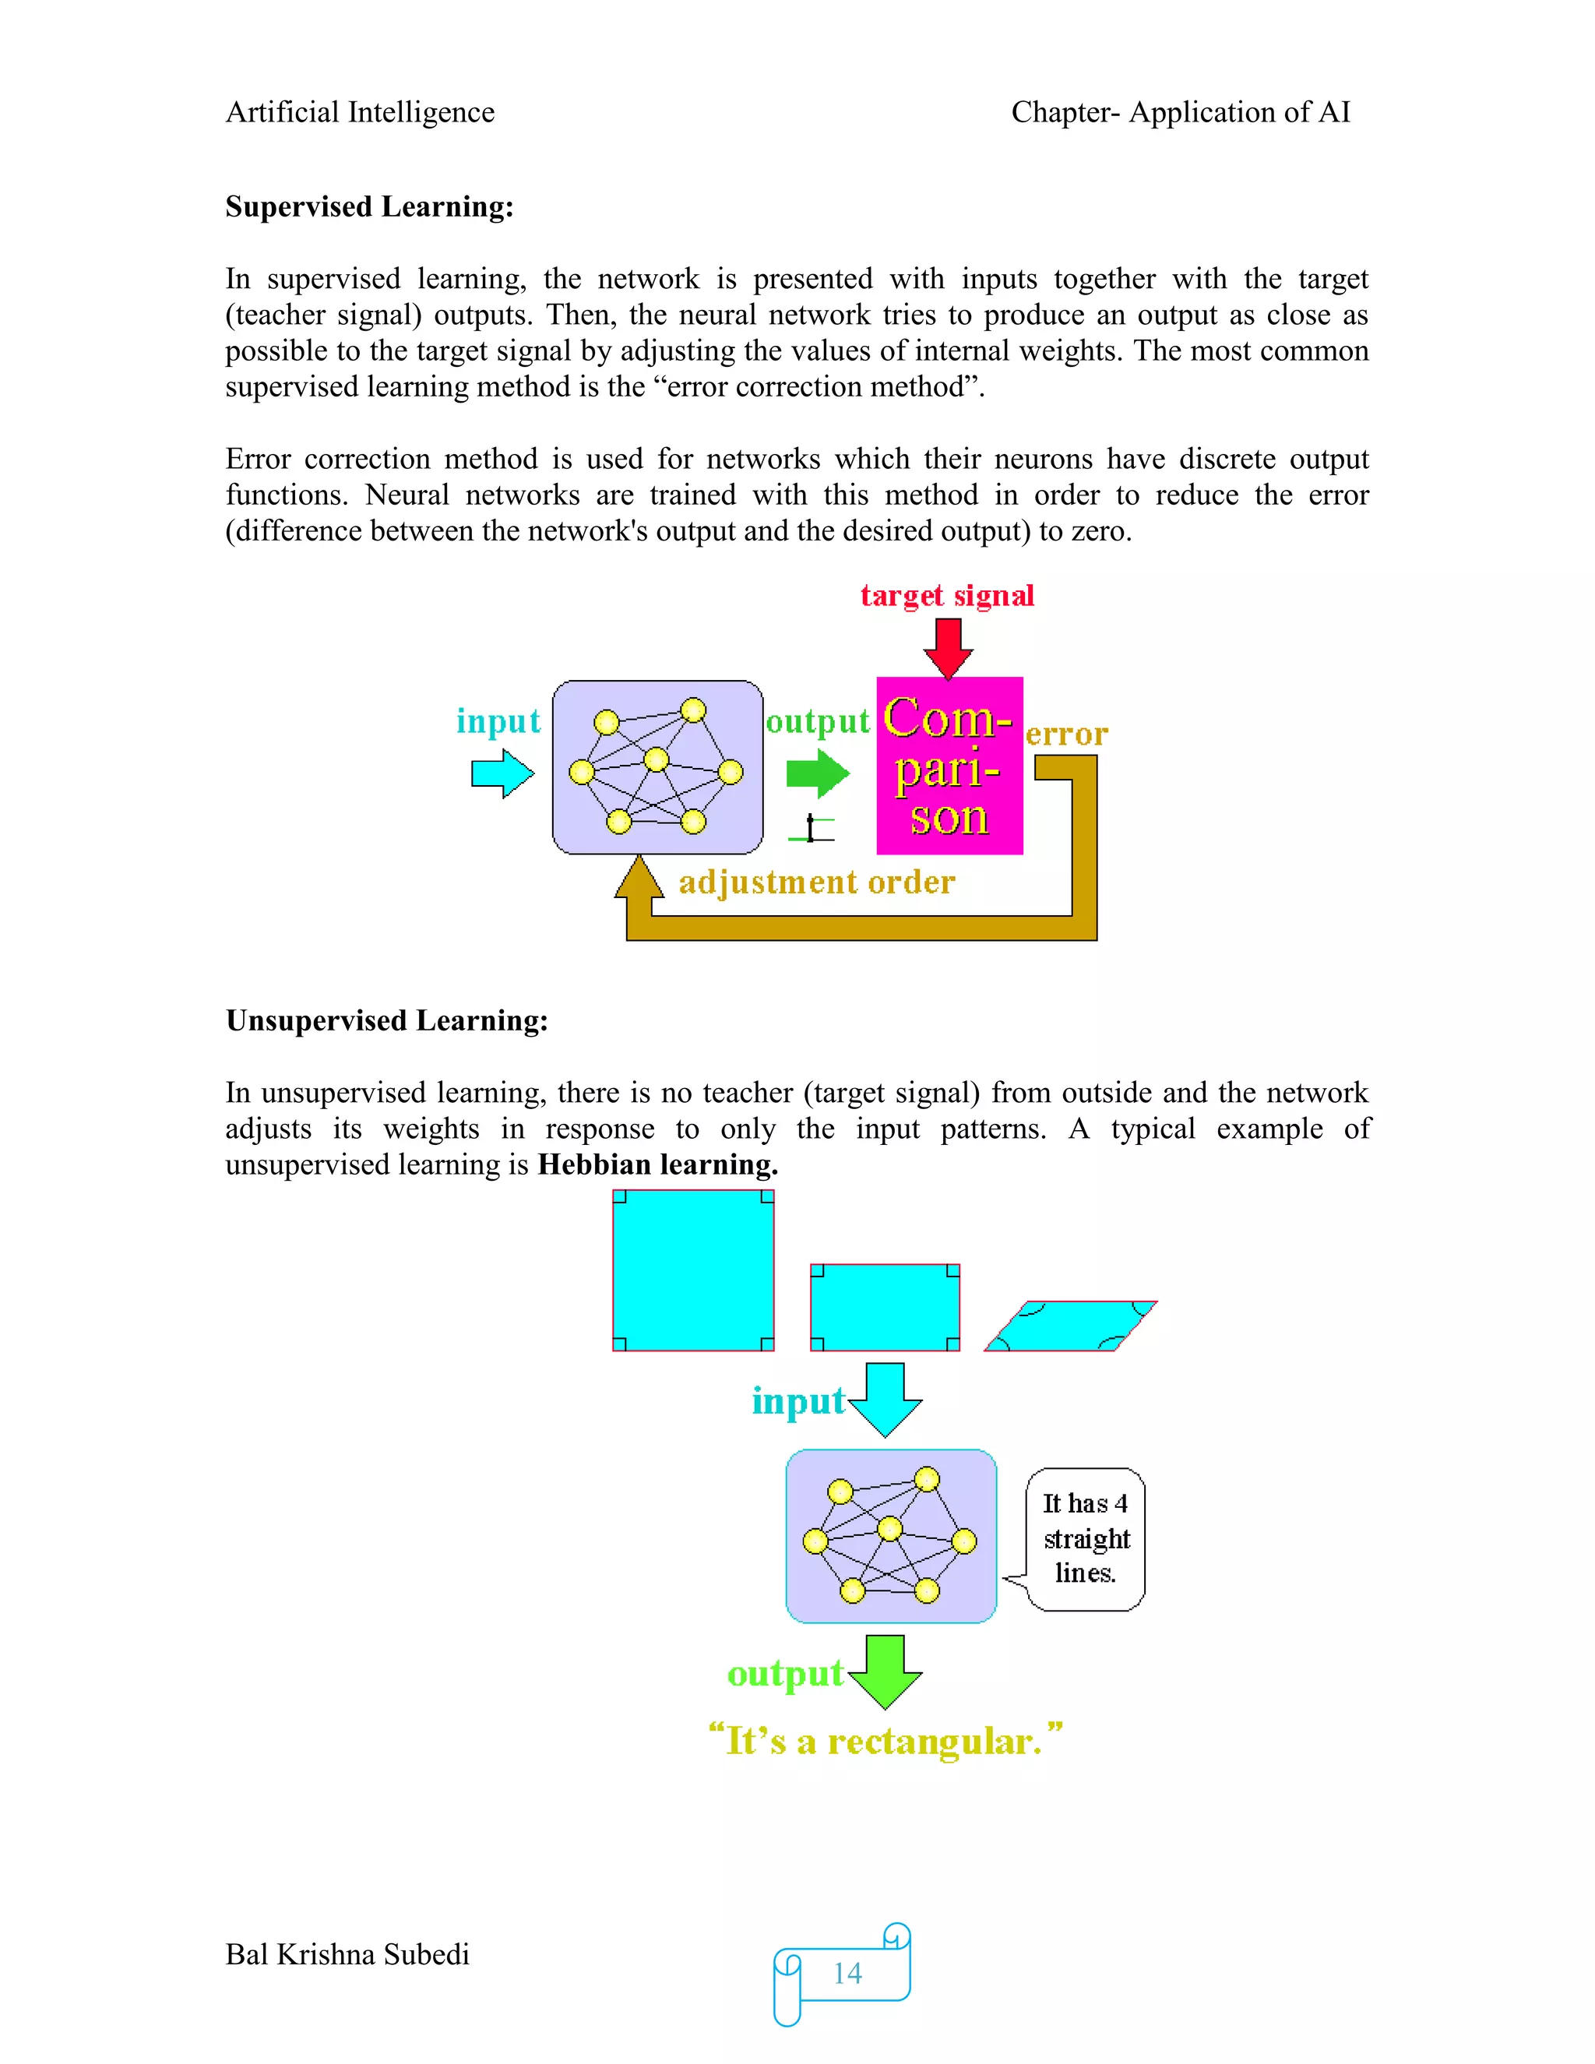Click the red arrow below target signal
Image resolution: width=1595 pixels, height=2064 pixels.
pyautogui.click(x=948, y=647)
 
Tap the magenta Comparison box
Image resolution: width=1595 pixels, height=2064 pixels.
pyautogui.click(x=949, y=766)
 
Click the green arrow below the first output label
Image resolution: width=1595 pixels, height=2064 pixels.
pyautogui.click(x=817, y=773)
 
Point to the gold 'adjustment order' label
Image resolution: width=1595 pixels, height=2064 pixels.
pyautogui.click(x=816, y=882)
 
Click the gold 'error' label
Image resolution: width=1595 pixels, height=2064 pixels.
pyautogui.click(x=1066, y=734)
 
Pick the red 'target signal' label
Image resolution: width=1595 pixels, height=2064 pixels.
pyautogui.click(x=947, y=595)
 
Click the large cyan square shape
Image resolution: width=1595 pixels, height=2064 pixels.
pyautogui.click(x=692, y=1270)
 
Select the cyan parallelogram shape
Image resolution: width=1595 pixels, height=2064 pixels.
pyautogui.click(x=1071, y=1326)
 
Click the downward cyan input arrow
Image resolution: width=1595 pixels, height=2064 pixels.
pyautogui.click(x=886, y=1399)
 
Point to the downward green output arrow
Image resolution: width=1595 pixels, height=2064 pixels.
pyautogui.click(x=886, y=1671)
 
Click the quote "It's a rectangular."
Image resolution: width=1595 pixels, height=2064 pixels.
pyautogui.click(x=886, y=1740)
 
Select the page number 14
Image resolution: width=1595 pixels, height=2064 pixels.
pyautogui.click(x=847, y=1974)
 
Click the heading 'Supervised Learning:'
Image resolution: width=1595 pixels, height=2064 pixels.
pyautogui.click(x=369, y=206)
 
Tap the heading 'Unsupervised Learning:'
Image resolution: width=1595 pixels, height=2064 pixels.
pyautogui.click(x=386, y=1020)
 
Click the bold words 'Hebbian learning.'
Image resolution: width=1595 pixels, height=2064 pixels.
pyautogui.click(x=657, y=1164)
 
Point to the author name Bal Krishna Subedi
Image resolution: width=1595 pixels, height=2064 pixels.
pyautogui.click(x=347, y=1954)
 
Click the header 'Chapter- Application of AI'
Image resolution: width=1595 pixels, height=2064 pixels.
pyautogui.click(x=1180, y=112)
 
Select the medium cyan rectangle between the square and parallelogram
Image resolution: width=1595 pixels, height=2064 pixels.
pyautogui.click(x=885, y=1307)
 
